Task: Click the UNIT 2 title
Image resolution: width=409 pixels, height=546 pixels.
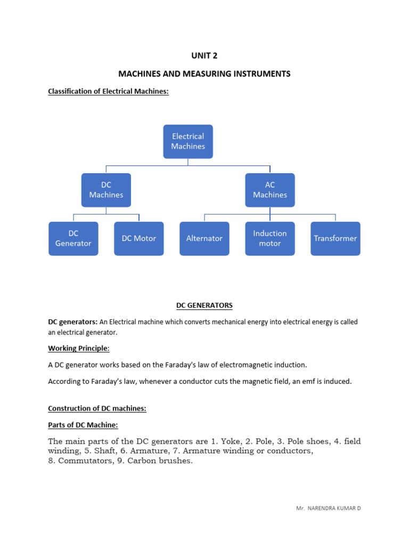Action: [x=204, y=55]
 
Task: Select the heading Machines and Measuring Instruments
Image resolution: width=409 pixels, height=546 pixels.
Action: [x=204, y=74]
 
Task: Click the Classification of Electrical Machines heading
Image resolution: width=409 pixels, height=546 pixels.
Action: [x=108, y=91]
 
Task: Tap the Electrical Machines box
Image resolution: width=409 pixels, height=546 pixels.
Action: [x=188, y=141]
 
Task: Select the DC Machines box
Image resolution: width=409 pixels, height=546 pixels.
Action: [x=106, y=190]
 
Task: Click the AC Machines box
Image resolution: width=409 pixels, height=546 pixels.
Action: [x=270, y=190]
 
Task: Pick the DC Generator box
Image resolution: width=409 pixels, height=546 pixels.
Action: [x=73, y=238]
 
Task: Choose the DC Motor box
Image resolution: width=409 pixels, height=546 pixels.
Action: [x=139, y=238]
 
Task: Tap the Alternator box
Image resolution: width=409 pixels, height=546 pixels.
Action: [x=204, y=238]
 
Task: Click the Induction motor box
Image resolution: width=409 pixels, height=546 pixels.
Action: [x=270, y=238]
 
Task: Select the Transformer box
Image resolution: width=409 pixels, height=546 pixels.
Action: [x=336, y=238]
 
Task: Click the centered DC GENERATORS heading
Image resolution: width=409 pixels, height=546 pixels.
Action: [x=204, y=306]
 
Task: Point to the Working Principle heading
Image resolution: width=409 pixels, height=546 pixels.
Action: [x=79, y=348]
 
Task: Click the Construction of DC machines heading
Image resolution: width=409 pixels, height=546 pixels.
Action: [x=97, y=408]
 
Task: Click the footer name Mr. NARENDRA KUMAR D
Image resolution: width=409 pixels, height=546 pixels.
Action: [x=328, y=508]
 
